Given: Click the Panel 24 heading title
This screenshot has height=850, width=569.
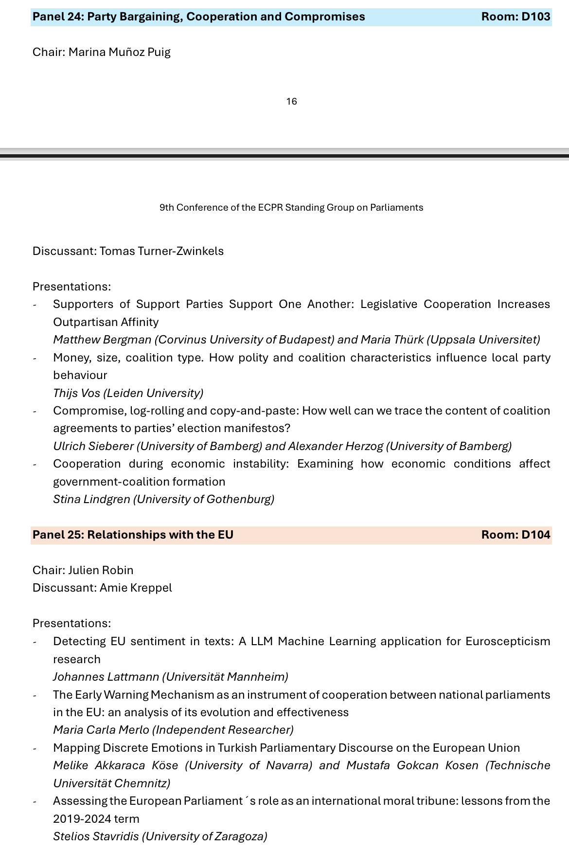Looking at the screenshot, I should click(x=198, y=17).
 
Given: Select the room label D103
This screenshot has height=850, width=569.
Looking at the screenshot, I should click(x=516, y=17).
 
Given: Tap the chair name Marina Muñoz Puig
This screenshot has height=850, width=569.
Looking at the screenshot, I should click(x=119, y=52).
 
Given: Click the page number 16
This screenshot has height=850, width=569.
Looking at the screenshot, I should click(x=291, y=101).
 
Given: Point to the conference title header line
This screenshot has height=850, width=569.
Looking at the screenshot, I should click(x=291, y=208).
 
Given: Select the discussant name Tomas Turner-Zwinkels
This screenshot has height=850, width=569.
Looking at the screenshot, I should click(x=161, y=251).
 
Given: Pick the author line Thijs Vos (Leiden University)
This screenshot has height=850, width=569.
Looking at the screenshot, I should click(x=128, y=393).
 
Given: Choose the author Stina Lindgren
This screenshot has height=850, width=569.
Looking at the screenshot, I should click(x=91, y=499).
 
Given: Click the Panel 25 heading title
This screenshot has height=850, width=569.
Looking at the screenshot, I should click(x=133, y=535).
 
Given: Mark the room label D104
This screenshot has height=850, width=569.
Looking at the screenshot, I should click(x=516, y=535).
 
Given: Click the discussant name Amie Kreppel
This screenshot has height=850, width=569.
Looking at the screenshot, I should click(x=136, y=588).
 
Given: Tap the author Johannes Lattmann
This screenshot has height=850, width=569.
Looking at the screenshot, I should click(x=106, y=677).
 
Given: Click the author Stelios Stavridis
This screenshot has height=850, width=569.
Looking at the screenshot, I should click(x=96, y=836).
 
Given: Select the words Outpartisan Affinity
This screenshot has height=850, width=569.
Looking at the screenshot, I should click(x=106, y=322).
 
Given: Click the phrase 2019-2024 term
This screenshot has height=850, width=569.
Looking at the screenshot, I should click(x=96, y=818).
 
